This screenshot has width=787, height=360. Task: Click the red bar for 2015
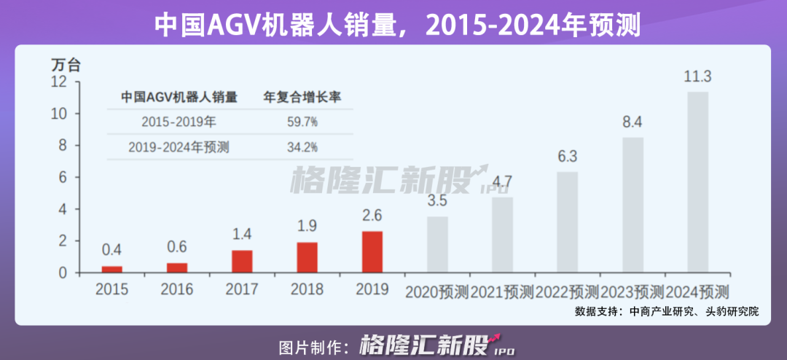[x=111, y=269]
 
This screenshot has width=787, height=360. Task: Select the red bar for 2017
[x=242, y=261]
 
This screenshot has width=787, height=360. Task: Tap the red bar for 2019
[x=372, y=251]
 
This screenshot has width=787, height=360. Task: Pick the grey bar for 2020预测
[x=437, y=244]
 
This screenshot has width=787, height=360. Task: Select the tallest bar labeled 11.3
[x=697, y=181]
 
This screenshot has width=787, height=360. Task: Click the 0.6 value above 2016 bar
[x=177, y=248]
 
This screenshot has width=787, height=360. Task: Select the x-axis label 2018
[x=307, y=289]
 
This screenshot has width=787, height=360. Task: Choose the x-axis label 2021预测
[x=502, y=292]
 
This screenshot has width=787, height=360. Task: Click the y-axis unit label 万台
[x=66, y=64]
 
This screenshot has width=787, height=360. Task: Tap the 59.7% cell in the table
[x=302, y=121]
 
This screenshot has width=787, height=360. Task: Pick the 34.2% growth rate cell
[x=302, y=147]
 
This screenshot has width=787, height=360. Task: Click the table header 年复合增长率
[x=302, y=96]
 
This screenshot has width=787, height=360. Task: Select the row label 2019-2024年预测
[x=179, y=147]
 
